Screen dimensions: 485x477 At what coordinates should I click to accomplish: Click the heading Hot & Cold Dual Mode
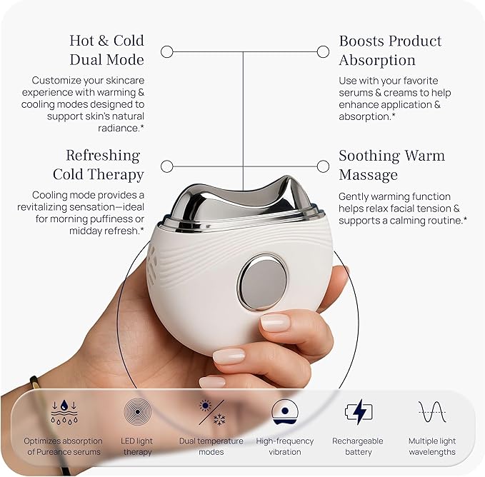(106, 50)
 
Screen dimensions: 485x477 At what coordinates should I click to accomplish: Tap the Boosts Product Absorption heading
(390, 51)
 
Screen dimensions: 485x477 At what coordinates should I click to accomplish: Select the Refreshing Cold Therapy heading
(99, 165)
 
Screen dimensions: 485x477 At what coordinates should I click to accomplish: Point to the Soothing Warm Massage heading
(391, 165)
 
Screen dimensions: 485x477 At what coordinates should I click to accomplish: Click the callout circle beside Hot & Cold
(167, 51)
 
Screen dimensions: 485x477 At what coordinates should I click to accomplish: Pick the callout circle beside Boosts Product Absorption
(323, 51)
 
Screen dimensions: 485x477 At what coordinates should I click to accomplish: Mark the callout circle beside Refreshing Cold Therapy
(167, 166)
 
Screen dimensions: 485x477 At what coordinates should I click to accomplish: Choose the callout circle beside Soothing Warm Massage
(323, 166)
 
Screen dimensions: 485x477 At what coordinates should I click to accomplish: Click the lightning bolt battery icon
(359, 411)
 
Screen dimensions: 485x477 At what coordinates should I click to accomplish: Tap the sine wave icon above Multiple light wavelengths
(432, 412)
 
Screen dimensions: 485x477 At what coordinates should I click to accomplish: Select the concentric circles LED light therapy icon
(137, 411)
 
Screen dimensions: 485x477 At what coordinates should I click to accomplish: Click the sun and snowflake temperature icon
(211, 413)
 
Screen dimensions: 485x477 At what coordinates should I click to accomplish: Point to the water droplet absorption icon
(64, 412)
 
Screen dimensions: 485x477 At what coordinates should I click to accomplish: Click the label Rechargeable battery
(358, 446)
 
